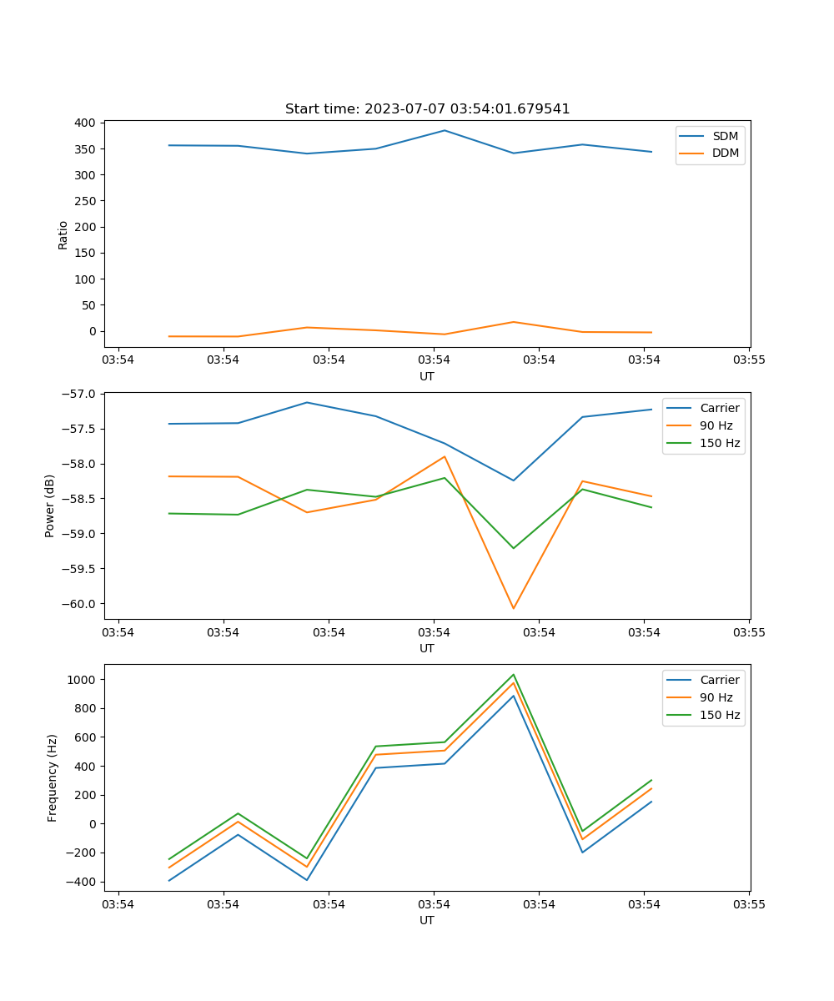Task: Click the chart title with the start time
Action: (427, 109)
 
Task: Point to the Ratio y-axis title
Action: (63, 234)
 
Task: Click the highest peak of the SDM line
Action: (445, 130)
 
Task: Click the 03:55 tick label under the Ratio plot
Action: (749, 360)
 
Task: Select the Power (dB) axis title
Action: (50, 506)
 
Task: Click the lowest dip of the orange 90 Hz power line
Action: (513, 608)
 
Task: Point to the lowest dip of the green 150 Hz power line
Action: (513, 548)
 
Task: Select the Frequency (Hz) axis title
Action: (52, 777)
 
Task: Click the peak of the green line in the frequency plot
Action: (513, 675)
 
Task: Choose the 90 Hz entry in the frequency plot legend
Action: (716, 697)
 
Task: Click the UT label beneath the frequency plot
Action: (427, 920)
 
